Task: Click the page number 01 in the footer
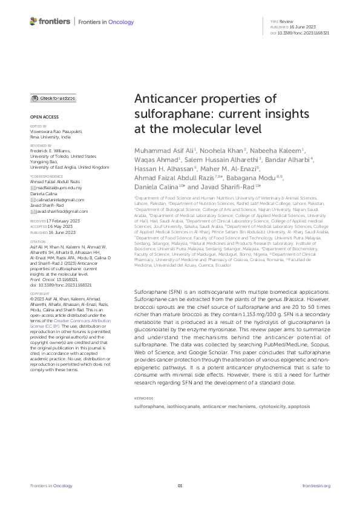[180, 485]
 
